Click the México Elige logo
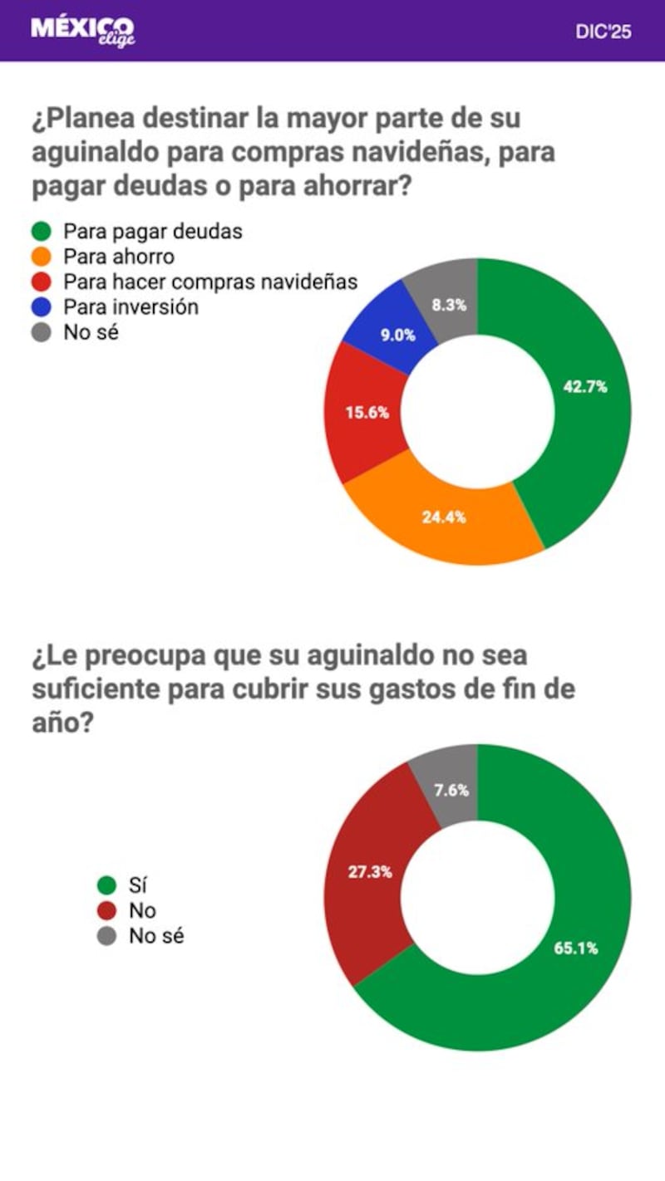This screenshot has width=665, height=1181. pyautogui.click(x=82, y=31)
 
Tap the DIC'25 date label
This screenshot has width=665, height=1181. pyautogui.click(x=603, y=32)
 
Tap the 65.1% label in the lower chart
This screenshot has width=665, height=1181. pyautogui.click(x=575, y=948)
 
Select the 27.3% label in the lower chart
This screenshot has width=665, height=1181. pyautogui.click(x=370, y=872)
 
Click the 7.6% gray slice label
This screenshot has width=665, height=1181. pyautogui.click(x=451, y=791)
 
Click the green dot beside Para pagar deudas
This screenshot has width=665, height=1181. pyautogui.click(x=42, y=231)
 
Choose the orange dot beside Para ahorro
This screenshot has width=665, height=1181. pyautogui.click(x=42, y=257)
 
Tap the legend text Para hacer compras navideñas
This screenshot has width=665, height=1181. pyautogui.click(x=210, y=282)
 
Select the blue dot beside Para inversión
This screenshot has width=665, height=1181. pyautogui.click(x=42, y=307)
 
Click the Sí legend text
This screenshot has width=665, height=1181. pyautogui.click(x=138, y=885)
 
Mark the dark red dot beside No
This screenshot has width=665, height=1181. pyautogui.click(x=107, y=911)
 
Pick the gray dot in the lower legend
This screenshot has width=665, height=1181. pyautogui.click(x=107, y=937)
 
